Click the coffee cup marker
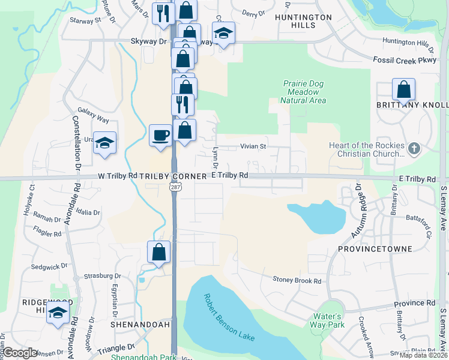tap(160, 134)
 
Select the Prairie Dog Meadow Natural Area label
tap(303, 92)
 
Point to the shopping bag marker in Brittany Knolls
tap(404, 90)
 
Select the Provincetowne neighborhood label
tap(375, 249)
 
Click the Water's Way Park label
tap(328, 320)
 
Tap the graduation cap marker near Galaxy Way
tap(104, 143)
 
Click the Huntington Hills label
tap(303, 22)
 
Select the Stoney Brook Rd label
tap(297, 280)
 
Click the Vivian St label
tap(253, 146)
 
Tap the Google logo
tap(20, 353)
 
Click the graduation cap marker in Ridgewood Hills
tap(58, 313)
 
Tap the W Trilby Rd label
tap(118, 176)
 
